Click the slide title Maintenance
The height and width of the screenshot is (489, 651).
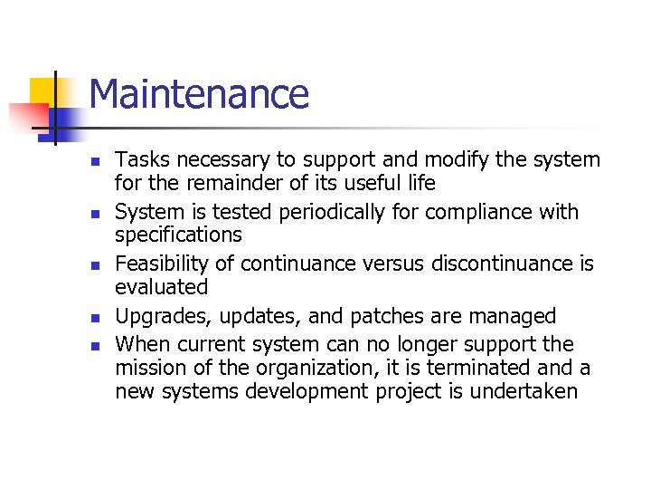[199, 94]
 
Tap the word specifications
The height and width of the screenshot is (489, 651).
[178, 235]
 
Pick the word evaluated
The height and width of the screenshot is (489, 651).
[161, 287]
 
